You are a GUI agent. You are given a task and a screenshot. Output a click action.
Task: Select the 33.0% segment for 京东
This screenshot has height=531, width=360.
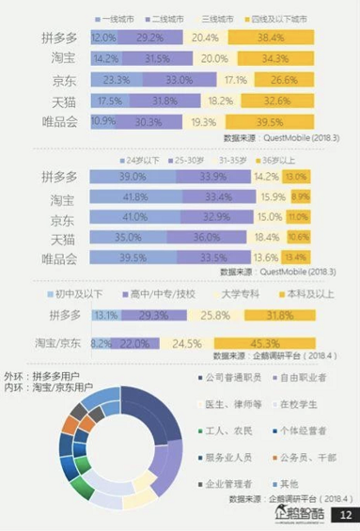pos(177,81)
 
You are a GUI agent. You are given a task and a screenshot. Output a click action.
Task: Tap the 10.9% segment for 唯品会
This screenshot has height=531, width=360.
pos(102,122)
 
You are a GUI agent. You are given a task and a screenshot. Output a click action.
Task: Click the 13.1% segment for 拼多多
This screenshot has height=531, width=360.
pos(104,315)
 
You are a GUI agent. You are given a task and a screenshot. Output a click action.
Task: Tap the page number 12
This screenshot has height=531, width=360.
pos(343,515)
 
